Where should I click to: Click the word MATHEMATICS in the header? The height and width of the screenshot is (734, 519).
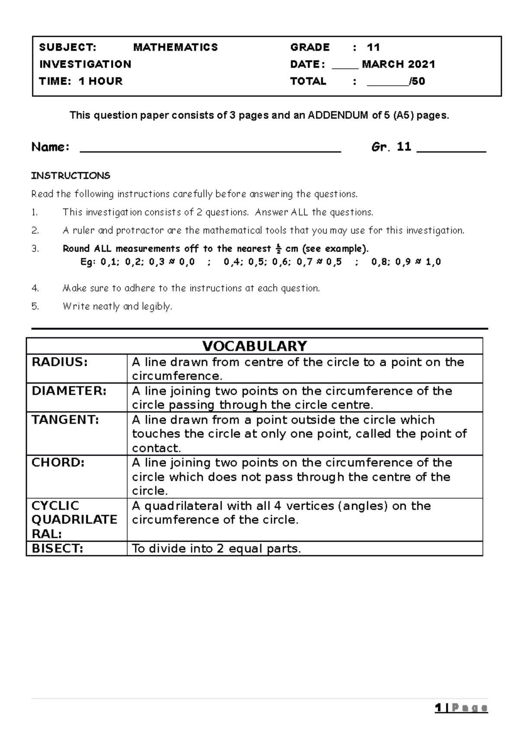pos(175,47)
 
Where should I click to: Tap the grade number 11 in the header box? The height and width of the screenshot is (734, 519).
pos(373,47)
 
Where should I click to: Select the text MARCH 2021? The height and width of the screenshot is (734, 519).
pos(398,64)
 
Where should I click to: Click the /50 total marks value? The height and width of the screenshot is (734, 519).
pos(418,81)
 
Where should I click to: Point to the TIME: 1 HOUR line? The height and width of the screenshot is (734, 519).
pos(81,81)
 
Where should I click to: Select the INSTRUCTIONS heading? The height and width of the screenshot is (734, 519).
pos(70,176)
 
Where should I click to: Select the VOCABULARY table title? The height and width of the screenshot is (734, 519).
pos(255,346)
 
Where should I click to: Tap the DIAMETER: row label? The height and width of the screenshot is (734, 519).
pos(69,391)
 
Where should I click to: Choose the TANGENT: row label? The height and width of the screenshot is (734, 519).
pos(65,420)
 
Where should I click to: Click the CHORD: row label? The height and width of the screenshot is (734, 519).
pos(58,463)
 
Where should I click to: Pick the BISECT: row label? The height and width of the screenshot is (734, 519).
pos(57,549)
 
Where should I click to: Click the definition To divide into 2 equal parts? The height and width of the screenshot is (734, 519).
pos(216,549)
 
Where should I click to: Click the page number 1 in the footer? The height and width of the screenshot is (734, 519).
pos(439,708)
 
